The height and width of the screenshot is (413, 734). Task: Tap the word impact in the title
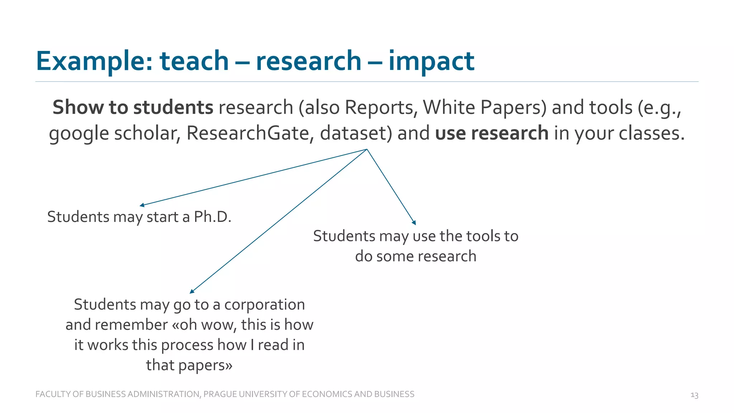click(x=431, y=61)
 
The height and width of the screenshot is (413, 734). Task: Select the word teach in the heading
click(x=194, y=61)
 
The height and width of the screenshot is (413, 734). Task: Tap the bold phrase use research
click(x=491, y=133)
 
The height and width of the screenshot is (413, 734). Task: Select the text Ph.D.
click(x=213, y=217)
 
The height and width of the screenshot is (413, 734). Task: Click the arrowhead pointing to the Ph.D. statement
click(x=142, y=205)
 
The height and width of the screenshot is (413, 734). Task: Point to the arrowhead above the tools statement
click(x=414, y=223)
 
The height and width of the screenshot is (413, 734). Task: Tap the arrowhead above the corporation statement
click(x=192, y=291)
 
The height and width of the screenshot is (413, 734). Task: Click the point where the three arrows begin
click(x=367, y=149)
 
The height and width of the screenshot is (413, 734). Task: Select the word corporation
click(x=264, y=305)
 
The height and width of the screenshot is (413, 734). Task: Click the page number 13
click(x=694, y=395)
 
